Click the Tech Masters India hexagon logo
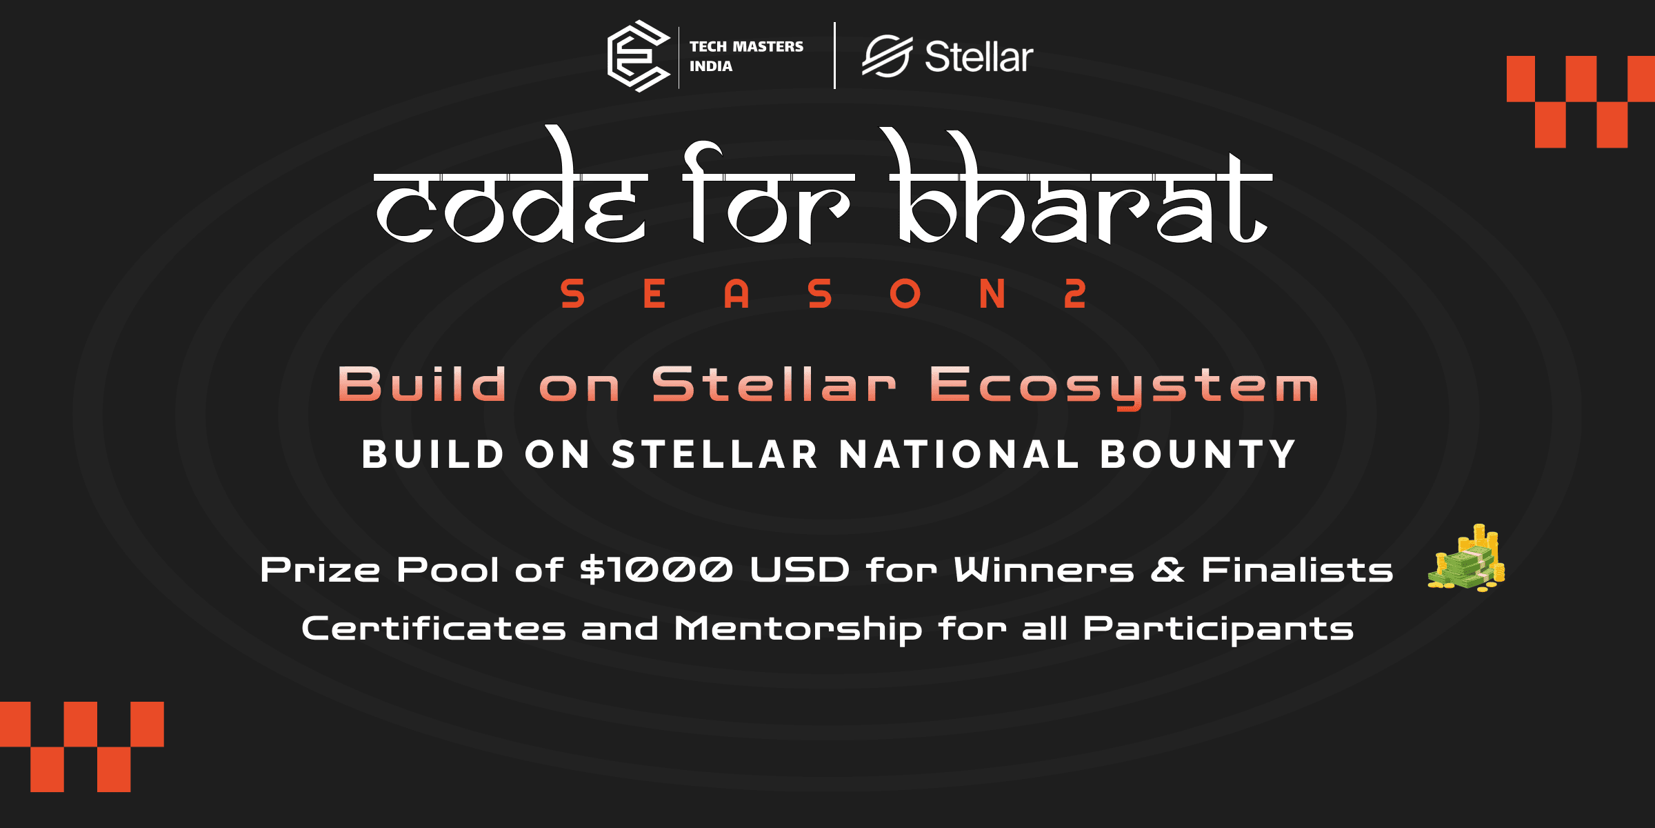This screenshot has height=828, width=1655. point(638,56)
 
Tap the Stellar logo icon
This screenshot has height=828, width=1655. point(887,56)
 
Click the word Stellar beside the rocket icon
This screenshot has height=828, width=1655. point(979,57)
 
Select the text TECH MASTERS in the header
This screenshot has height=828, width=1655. point(746,46)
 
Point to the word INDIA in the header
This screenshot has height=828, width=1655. point(711,66)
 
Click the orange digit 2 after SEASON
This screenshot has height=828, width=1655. point(1075,294)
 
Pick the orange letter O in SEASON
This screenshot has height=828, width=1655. point(905,294)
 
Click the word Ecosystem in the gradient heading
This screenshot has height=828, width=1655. point(1124,385)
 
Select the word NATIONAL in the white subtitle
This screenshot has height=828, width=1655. point(959,455)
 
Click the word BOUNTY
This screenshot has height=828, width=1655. point(1198,455)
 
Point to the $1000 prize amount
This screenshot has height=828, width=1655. point(656,570)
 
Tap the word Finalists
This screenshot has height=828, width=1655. point(1297,570)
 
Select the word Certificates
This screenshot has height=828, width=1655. point(434,629)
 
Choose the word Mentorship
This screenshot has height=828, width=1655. point(798,629)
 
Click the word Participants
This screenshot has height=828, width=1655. point(1218,629)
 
